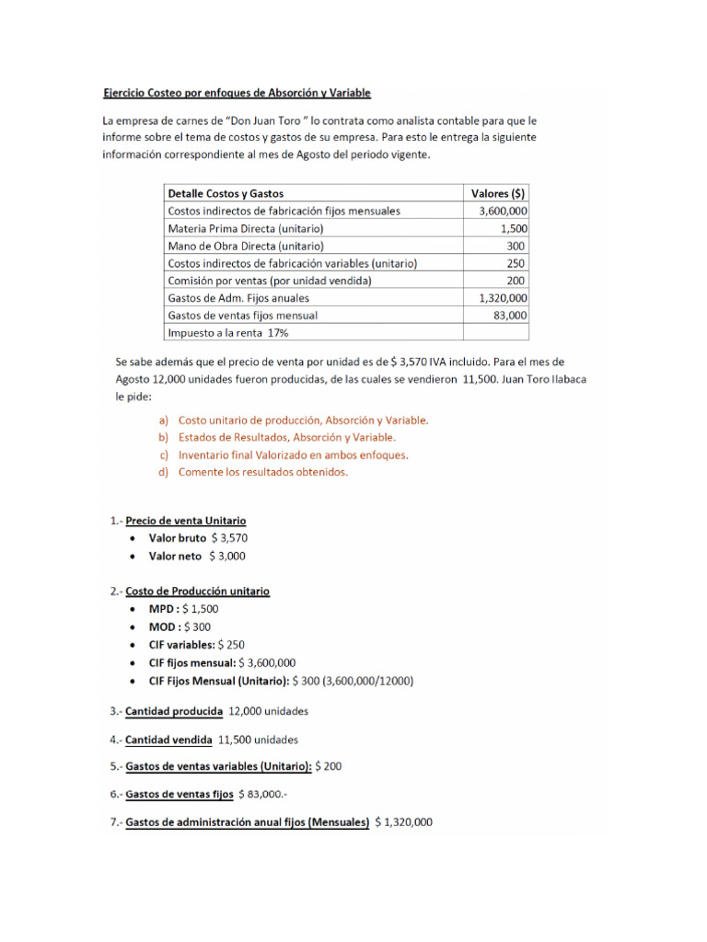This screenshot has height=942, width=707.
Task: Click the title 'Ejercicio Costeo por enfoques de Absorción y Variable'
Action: [236, 93]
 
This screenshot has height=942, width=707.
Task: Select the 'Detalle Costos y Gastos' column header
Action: [226, 193]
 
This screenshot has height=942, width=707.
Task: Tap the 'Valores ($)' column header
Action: [497, 193]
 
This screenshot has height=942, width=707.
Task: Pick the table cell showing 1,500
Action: [513, 228]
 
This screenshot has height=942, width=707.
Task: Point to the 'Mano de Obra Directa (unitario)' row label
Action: [245, 246]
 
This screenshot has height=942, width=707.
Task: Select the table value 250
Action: [516, 263]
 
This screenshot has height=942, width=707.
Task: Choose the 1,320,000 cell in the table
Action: [503, 298]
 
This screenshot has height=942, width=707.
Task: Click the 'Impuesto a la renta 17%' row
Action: [221, 332]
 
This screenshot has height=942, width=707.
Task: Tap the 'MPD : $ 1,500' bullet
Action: [184, 609]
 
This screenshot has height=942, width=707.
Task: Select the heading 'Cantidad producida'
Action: [173, 711]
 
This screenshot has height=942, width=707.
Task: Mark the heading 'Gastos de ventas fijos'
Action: [179, 794]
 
